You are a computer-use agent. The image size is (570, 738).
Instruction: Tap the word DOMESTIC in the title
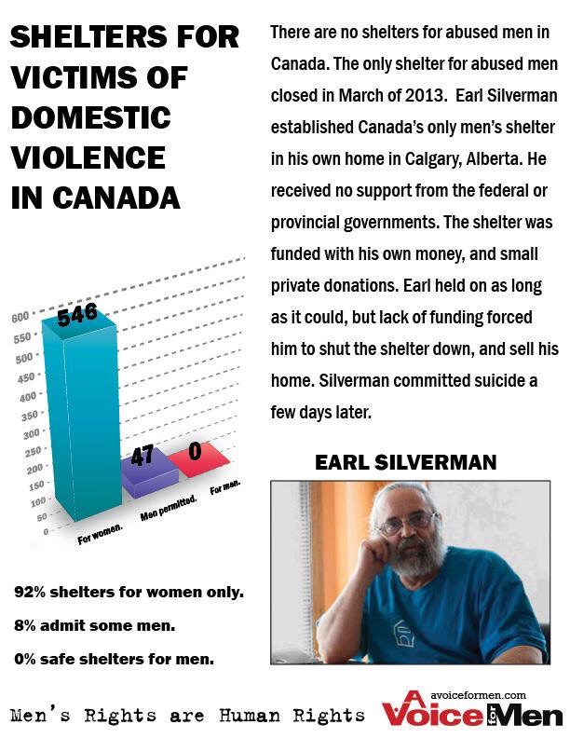90,118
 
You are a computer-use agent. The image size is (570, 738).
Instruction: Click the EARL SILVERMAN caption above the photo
405,462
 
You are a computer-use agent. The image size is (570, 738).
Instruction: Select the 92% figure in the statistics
30,592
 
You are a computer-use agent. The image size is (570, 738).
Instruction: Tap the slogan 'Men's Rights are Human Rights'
186,716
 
